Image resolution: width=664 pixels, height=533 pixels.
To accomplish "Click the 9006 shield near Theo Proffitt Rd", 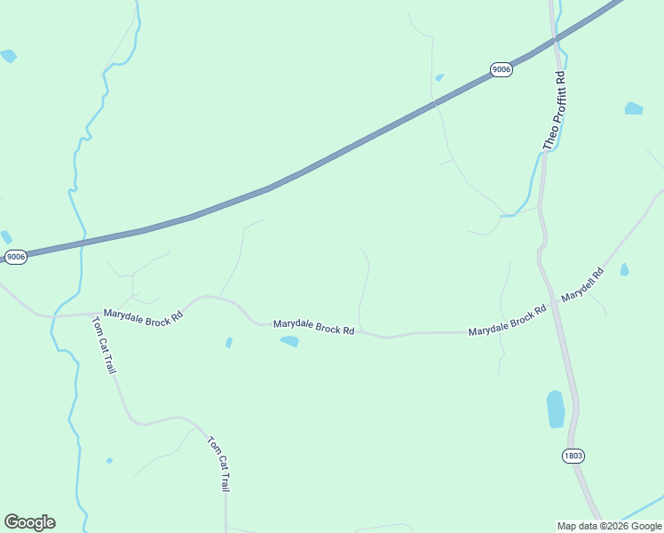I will [502, 69].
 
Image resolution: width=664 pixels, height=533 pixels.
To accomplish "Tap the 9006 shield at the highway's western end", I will [16, 257].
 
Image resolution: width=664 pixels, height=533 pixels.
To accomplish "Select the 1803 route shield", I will [573, 456].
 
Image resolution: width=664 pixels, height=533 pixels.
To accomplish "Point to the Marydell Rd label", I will [582, 283].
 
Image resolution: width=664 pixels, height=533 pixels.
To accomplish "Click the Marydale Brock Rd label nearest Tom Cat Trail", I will [143, 314].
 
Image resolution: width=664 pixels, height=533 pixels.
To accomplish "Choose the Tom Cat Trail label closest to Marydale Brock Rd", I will [104, 345].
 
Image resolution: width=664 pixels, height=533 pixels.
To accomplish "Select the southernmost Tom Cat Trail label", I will [219, 464].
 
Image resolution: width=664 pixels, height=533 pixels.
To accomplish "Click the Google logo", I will [29, 522].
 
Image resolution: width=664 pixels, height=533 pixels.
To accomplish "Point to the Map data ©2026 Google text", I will [608, 526].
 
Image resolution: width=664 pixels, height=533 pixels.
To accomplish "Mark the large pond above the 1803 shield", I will [556, 409].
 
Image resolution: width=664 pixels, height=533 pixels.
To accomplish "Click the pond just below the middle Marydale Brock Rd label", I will [289, 341].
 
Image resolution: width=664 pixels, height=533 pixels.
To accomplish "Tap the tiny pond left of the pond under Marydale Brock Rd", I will [229, 342].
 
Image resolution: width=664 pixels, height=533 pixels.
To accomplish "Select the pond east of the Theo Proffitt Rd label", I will [633, 108].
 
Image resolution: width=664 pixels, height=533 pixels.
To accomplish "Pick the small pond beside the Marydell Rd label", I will [624, 269].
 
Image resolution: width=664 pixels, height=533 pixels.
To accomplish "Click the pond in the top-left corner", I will [9, 56].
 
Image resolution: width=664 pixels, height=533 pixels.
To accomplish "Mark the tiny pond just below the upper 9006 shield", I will [439, 77].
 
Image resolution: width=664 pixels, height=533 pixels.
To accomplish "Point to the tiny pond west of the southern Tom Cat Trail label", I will [109, 460].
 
